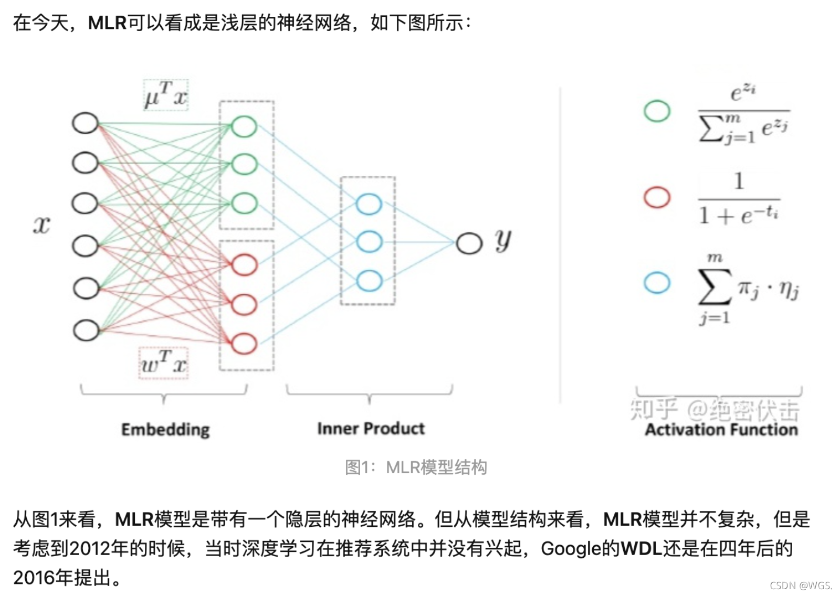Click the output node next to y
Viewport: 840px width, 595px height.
tap(469, 243)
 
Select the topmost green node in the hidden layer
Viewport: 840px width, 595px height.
tap(244, 126)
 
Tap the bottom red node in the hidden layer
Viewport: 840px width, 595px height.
tap(244, 344)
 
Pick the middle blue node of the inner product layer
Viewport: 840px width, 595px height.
tap(369, 242)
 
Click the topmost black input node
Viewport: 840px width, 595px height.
tap(85, 123)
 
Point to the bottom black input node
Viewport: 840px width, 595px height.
tap(86, 331)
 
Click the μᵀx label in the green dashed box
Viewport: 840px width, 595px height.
tap(166, 95)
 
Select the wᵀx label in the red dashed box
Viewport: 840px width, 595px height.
tap(164, 363)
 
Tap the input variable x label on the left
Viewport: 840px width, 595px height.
tap(41, 225)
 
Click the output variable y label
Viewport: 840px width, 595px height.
tap(502, 240)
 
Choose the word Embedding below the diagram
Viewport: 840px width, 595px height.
tap(165, 429)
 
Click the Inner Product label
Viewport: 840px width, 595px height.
tap(371, 428)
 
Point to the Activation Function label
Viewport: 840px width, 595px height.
tap(721, 429)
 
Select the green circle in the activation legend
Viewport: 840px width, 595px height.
tap(657, 111)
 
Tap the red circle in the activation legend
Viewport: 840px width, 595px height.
tap(657, 197)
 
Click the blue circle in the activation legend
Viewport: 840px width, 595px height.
tap(657, 282)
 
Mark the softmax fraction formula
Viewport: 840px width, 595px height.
tap(743, 114)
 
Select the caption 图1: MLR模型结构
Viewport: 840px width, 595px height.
tap(416, 467)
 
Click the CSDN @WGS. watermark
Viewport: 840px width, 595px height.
tap(801, 585)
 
